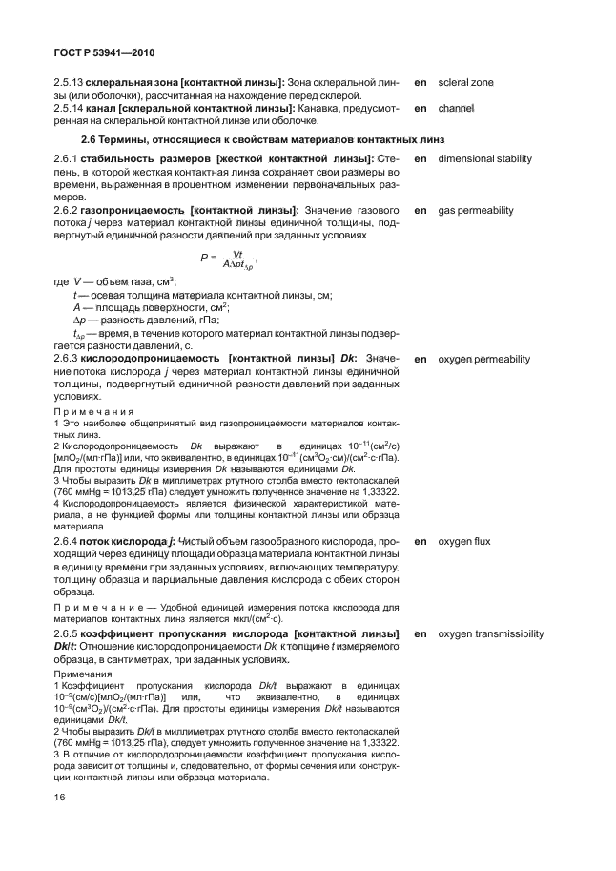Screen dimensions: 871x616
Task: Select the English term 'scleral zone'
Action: point(465,83)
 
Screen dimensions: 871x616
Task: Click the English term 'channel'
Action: point(456,109)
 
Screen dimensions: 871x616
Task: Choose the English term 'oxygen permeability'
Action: point(483,360)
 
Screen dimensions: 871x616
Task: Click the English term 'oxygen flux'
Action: point(464,542)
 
